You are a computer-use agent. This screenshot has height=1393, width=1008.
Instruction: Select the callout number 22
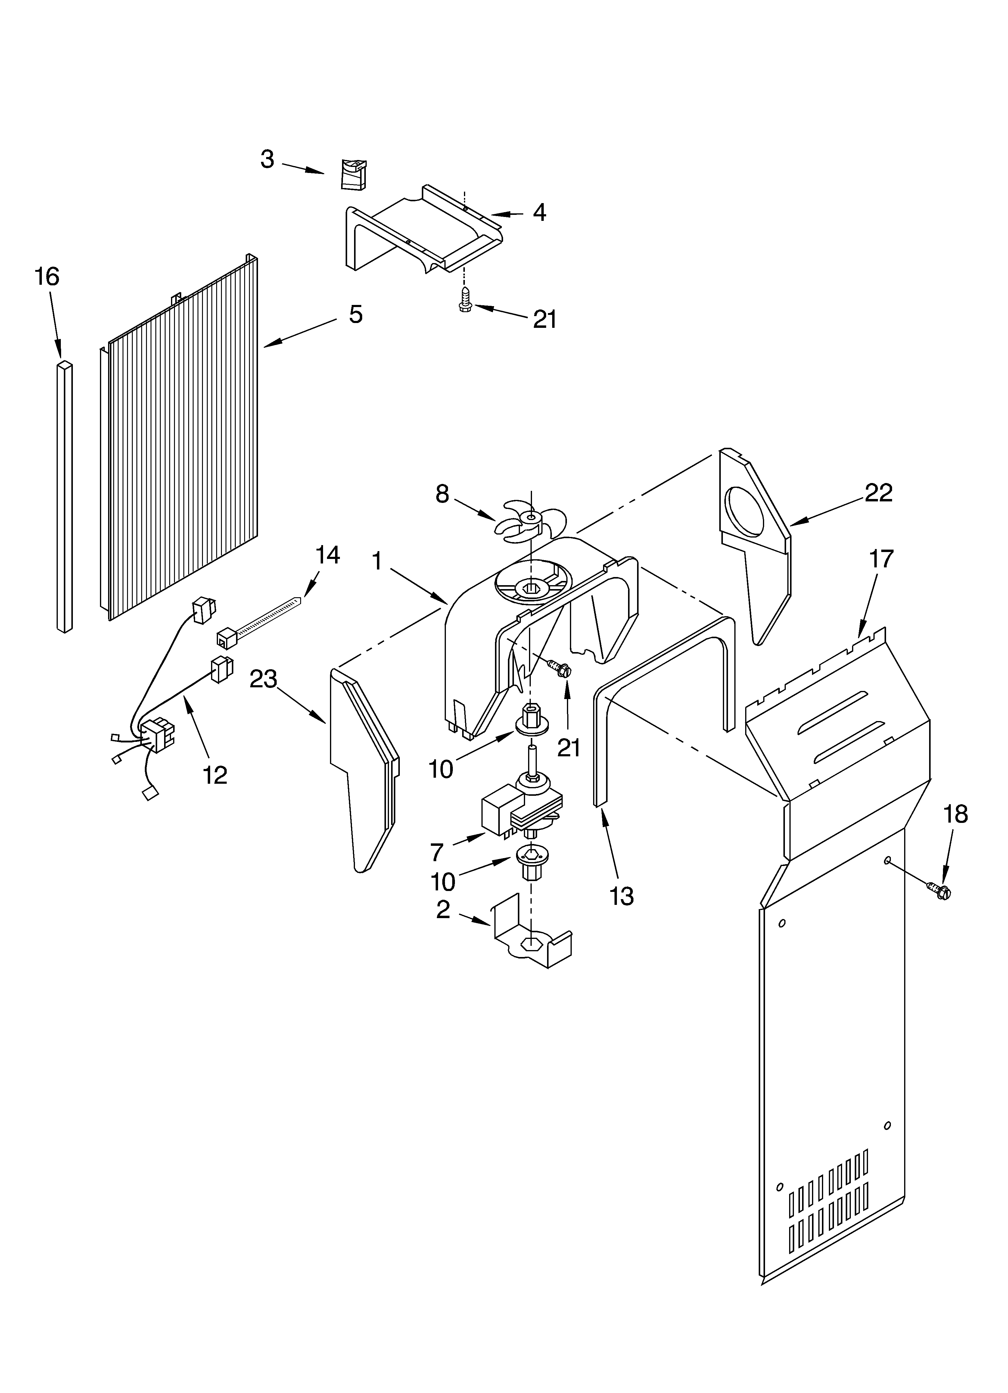click(x=879, y=493)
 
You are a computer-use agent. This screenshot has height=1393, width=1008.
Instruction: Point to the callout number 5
click(x=356, y=315)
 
